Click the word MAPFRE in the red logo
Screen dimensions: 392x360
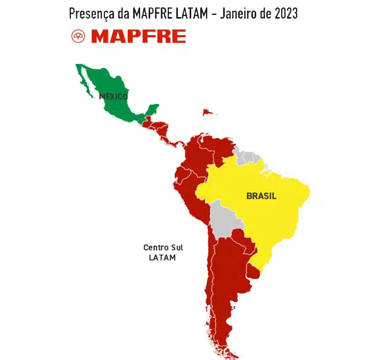pos(138,36)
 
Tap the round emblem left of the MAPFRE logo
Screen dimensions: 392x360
pos(78,36)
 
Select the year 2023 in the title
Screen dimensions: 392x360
pos(285,13)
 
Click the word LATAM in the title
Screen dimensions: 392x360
pos(191,13)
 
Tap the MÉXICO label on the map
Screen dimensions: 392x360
pos(113,96)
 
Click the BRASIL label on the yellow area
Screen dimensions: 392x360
pos(261,196)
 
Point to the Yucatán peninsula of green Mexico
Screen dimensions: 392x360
pos(151,109)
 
